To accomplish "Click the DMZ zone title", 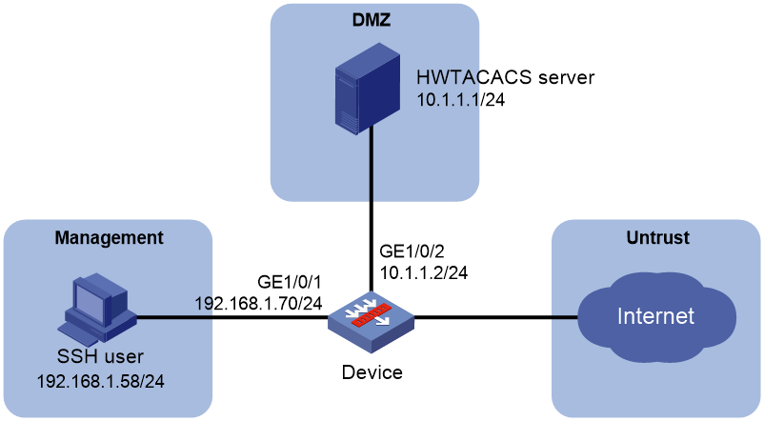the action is [372, 20].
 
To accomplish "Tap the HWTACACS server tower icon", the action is [368, 90].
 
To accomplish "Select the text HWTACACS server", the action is [505, 77].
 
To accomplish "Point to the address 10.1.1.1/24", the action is [460, 99].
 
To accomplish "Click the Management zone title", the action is [110, 238].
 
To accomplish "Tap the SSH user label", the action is [100, 356].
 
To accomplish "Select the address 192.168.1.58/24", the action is [101, 381].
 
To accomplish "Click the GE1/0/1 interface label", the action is [290, 282].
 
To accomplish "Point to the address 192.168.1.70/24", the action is [259, 304].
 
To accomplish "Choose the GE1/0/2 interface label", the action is [412, 251].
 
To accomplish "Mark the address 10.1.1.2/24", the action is [424, 272].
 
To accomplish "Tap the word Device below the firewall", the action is [372, 372].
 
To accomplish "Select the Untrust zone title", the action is [657, 238].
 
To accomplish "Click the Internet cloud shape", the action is [655, 317].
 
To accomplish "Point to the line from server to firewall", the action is [371, 209].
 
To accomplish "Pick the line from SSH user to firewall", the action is [232, 318].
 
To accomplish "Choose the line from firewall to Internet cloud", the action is [495, 318].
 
